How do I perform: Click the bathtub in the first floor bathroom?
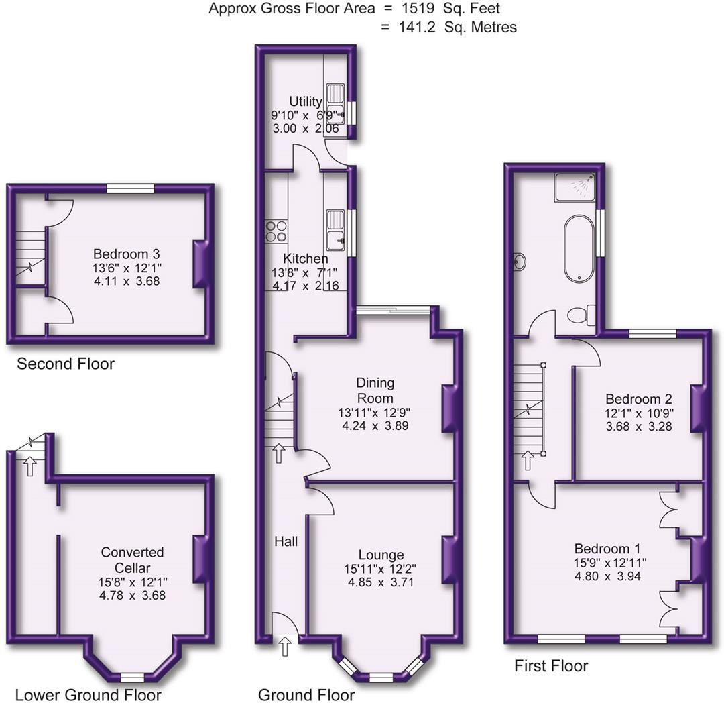[579, 248]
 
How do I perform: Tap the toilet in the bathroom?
[580, 315]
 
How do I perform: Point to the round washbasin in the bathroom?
[520, 262]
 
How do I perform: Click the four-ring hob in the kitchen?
[276, 231]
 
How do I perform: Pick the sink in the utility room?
[335, 101]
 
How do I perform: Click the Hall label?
[286, 541]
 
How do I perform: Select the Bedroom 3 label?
[127, 254]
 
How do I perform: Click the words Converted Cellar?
[132, 559]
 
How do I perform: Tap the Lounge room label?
[381, 555]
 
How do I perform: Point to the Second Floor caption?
[66, 364]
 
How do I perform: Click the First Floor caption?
[551, 666]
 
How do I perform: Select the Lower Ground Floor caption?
[88, 694]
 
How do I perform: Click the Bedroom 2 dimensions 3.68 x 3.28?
[638, 426]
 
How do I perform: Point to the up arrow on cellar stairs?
[29, 466]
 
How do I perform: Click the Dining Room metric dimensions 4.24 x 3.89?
[375, 425]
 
